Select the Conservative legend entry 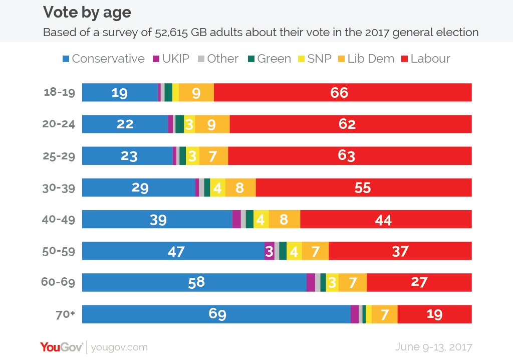point(103,59)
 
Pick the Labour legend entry point(426,59)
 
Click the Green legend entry point(269,59)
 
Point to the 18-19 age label point(60,93)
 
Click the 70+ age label point(65,314)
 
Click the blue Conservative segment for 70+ point(216,314)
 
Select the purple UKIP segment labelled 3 point(269,251)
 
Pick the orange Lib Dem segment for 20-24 point(212,124)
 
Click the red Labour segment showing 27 point(419,282)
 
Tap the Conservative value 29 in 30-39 point(140,188)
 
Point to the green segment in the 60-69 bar point(323,282)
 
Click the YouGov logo point(62,347)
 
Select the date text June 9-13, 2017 point(433,347)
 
